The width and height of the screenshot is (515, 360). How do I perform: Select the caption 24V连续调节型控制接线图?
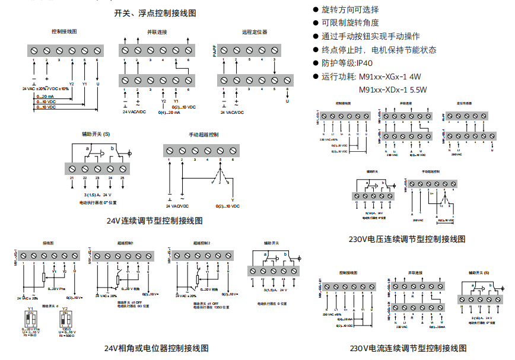[155, 221]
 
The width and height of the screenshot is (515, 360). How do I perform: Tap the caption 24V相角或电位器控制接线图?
[157, 348]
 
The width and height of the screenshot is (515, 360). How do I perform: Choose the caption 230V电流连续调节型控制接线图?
[408, 348]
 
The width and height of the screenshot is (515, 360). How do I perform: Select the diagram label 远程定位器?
[255, 32]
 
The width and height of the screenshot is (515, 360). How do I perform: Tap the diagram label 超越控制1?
[126, 243]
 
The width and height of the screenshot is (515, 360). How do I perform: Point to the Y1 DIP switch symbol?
[31, 318]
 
